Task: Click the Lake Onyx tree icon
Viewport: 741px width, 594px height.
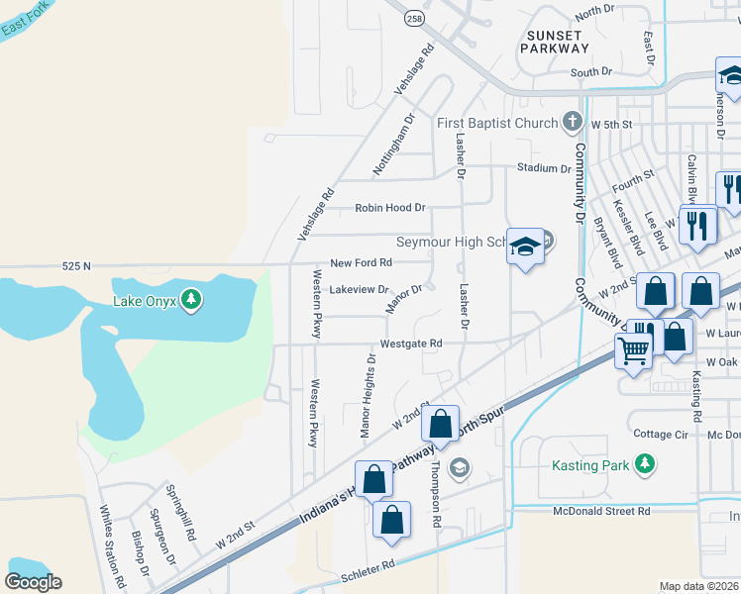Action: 193,299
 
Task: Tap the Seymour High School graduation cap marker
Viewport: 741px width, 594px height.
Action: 525,247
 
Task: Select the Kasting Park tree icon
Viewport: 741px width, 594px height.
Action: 645,464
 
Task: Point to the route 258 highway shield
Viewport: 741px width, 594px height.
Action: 415,18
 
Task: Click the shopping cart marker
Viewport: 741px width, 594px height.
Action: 633,349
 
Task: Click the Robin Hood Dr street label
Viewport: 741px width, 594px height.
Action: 390,208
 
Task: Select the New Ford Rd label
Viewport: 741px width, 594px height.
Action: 361,262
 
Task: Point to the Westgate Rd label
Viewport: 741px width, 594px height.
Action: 410,344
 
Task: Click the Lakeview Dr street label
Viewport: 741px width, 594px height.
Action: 359,288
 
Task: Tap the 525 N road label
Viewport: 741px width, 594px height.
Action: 75,265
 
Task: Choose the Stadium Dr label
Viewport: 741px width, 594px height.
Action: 544,168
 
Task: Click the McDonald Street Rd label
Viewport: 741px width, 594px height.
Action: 601,510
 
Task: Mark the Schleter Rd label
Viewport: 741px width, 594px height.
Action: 368,563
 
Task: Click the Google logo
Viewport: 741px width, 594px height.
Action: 33,581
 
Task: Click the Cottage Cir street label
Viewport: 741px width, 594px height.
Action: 661,434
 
